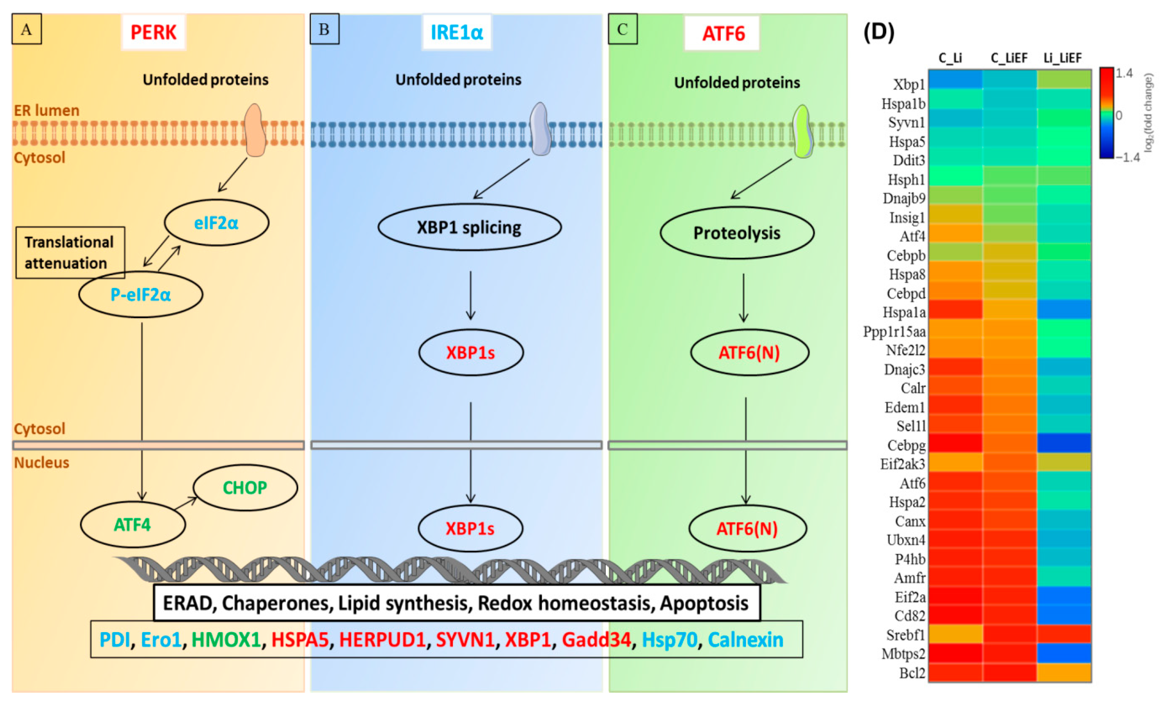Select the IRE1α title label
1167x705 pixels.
point(456,32)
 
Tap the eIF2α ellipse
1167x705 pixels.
point(216,223)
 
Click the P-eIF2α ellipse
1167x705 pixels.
point(141,294)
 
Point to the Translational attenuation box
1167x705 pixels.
point(70,252)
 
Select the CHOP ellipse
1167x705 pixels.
point(245,487)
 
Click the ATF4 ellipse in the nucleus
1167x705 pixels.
point(133,525)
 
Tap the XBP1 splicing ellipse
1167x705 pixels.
point(469,227)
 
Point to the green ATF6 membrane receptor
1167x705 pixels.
point(802,131)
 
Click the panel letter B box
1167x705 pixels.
point(324,30)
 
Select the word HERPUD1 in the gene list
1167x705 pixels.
point(382,639)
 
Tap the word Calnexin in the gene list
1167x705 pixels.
point(745,639)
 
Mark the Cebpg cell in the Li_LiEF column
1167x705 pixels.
point(1064,444)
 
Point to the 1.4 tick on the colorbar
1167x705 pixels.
point(1124,73)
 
